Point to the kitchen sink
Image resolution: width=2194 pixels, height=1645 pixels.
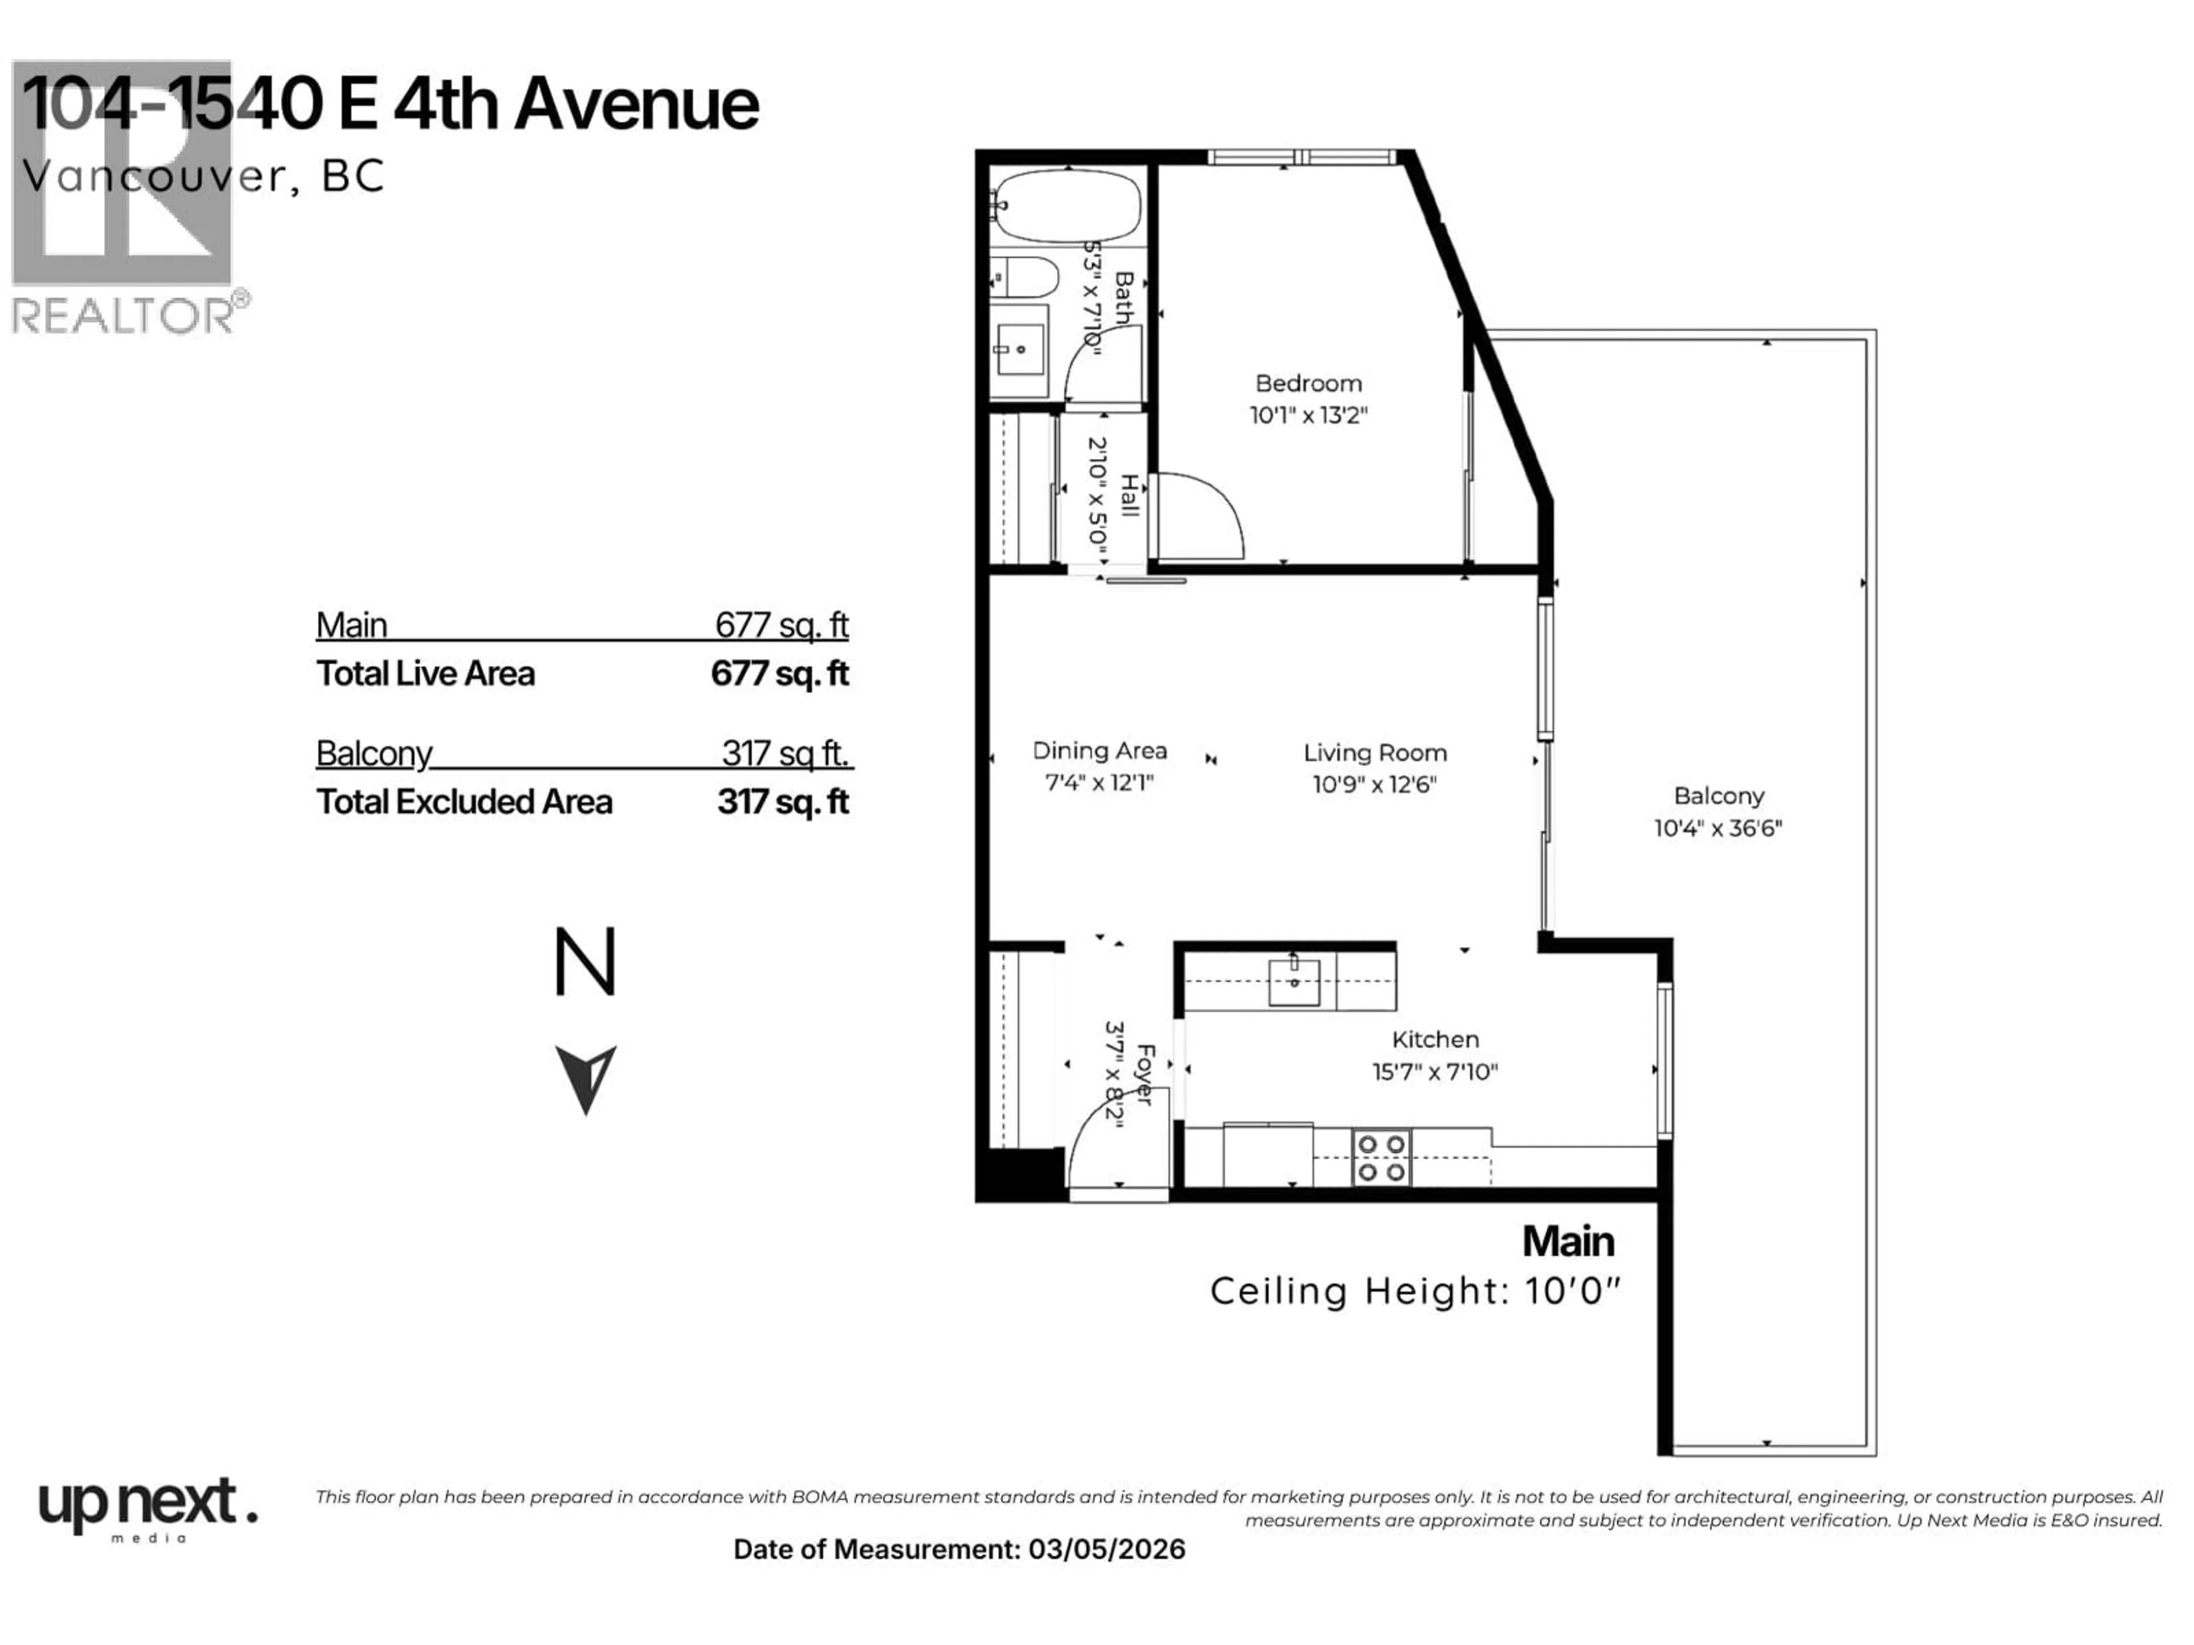[1294, 982]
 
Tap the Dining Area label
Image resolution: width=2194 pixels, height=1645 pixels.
[1099, 751]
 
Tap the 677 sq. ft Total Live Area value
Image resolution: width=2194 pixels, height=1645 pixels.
[779, 674]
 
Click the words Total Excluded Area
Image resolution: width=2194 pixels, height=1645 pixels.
[464, 802]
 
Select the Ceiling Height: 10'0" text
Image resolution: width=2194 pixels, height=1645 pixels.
[1415, 1291]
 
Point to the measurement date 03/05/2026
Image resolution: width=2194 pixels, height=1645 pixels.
[1106, 1550]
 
